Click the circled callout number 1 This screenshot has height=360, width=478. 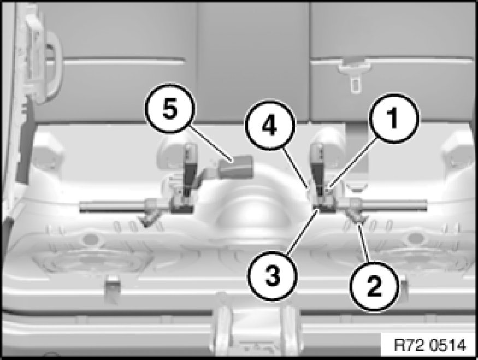[x=394, y=119]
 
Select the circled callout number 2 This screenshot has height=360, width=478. [x=375, y=286]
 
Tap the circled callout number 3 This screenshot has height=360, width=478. [x=273, y=276]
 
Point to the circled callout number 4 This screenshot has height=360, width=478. [x=270, y=126]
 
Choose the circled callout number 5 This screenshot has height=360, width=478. [x=170, y=109]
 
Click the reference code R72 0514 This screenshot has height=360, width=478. [x=430, y=345]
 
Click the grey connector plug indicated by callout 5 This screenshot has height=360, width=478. [x=236, y=167]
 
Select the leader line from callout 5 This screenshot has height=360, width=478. [x=211, y=145]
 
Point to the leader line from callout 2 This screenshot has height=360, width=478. [x=364, y=243]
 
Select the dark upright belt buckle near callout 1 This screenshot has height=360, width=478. [x=317, y=169]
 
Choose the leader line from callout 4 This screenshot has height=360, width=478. [x=296, y=167]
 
